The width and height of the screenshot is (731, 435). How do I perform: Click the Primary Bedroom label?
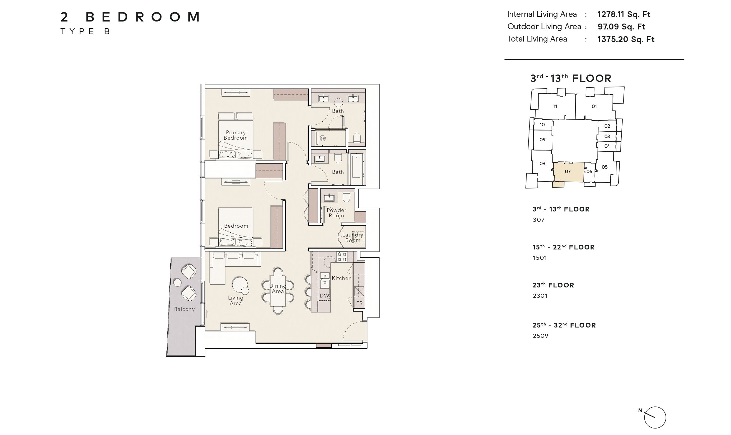pyautogui.click(x=236, y=135)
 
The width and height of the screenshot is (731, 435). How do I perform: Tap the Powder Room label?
pyautogui.click(x=336, y=213)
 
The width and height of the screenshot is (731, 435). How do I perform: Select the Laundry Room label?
pyautogui.click(x=353, y=237)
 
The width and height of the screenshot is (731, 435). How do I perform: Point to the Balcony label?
pyautogui.click(x=184, y=309)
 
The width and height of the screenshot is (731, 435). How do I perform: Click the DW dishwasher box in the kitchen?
pyautogui.click(x=324, y=296)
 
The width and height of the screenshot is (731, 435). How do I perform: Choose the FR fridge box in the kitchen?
pyautogui.click(x=359, y=303)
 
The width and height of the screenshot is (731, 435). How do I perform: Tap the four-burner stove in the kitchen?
pyautogui.click(x=342, y=257)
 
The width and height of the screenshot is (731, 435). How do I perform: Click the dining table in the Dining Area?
pyautogui.click(x=278, y=291)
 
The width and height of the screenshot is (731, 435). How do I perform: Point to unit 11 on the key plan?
pyautogui.click(x=555, y=107)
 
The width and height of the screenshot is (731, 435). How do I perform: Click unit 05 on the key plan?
pyautogui.click(x=605, y=167)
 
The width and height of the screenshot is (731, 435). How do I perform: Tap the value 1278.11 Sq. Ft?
pyautogui.click(x=624, y=14)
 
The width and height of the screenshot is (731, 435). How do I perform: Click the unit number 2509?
pyautogui.click(x=540, y=336)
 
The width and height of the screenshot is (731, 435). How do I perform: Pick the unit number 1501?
pyautogui.click(x=540, y=258)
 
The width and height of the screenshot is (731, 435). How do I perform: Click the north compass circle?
pyautogui.click(x=655, y=418)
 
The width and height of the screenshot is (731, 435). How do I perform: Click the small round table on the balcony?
pyautogui.click(x=177, y=282)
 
